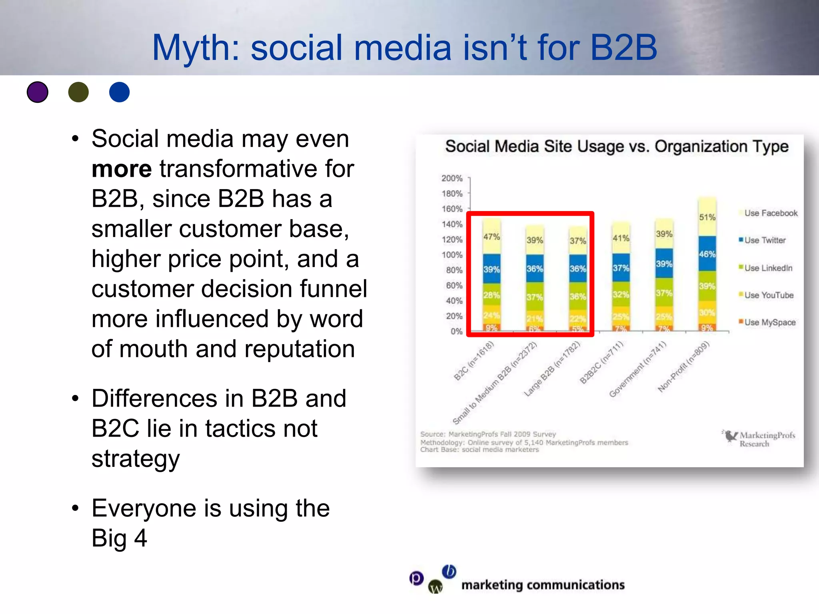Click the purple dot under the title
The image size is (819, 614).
pos(38,92)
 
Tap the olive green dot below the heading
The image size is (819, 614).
pos(78,92)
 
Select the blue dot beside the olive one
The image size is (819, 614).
pos(119,92)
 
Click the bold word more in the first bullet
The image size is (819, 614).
pos(122,169)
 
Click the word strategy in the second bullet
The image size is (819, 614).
pos(136,459)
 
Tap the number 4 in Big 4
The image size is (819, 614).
pos(140,538)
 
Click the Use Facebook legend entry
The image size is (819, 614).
pos(770,213)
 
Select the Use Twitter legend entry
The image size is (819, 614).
pos(764,240)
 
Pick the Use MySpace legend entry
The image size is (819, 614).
pos(769,322)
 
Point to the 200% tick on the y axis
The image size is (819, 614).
pos(452,178)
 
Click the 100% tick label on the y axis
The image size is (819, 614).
pos(452,255)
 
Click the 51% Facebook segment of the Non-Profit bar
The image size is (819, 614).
pos(707,217)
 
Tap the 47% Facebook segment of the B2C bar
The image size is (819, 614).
pos(491,237)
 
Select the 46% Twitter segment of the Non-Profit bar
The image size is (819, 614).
pos(707,254)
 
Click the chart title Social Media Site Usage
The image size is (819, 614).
pos(617,147)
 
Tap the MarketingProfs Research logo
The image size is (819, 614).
pos(759,439)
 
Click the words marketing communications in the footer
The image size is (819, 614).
pos(543,585)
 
